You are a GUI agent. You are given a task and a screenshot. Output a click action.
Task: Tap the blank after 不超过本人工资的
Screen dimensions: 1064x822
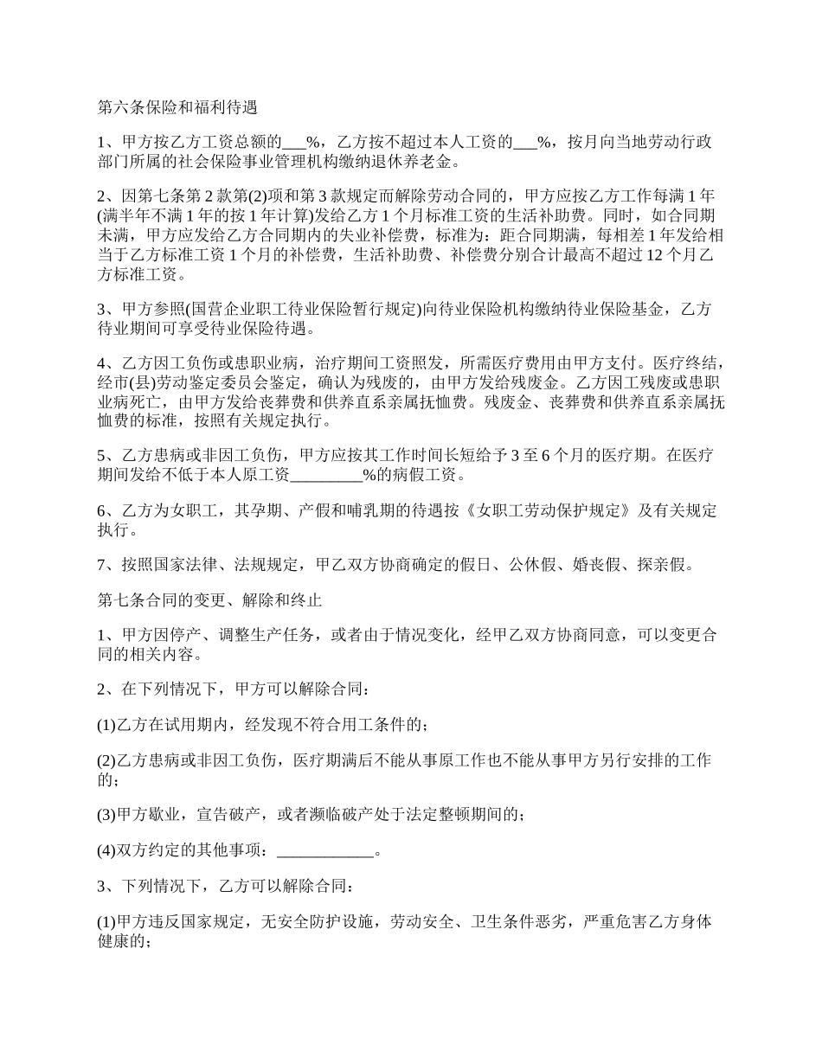point(525,143)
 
